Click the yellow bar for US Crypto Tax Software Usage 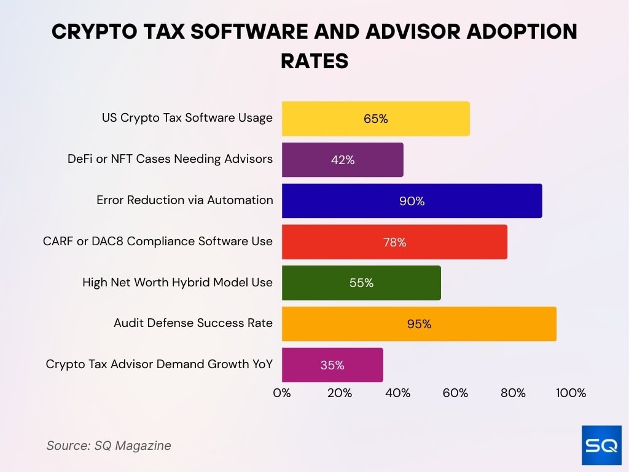(375, 119)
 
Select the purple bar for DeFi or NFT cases (342, 160)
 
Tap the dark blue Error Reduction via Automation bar (412, 201)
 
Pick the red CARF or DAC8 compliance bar (394, 242)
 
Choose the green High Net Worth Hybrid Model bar (361, 283)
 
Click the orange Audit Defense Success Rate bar (419, 324)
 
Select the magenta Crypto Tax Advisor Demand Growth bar (332, 365)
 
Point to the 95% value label (419, 324)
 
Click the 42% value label (342, 160)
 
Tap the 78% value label (394, 242)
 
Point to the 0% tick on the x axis (282, 393)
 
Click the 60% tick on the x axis (455, 393)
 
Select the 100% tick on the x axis (571, 393)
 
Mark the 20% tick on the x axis (340, 393)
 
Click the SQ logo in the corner (601, 444)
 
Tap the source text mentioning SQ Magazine (109, 446)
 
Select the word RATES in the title (314, 61)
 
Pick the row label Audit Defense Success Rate (193, 323)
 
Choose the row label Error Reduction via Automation (184, 200)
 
